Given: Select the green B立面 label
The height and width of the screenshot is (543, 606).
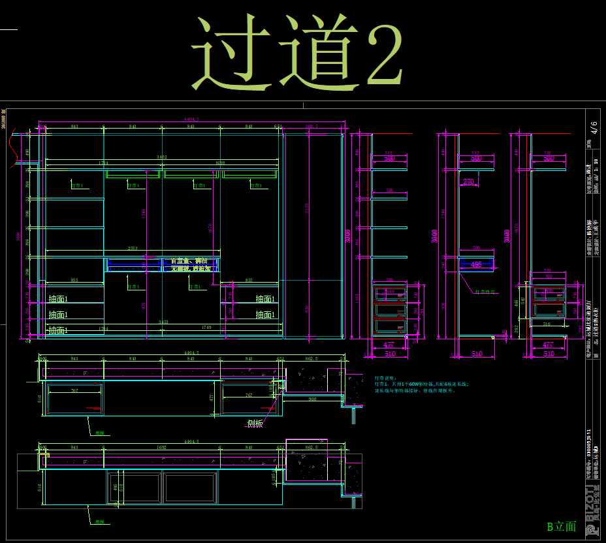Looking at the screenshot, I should tap(562, 527).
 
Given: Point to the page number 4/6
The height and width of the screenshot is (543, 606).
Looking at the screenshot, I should tap(593, 127).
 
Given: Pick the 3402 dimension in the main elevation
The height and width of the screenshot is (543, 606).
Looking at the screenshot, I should tap(161, 157).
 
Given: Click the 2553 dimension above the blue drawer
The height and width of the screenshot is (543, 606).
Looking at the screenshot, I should tap(132, 249).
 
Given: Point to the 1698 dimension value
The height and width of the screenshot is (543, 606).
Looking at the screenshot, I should tap(219, 163).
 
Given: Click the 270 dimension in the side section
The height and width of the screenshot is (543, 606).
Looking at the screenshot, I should tap(468, 182).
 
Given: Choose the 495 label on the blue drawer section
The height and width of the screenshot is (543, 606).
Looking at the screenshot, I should tap(476, 264).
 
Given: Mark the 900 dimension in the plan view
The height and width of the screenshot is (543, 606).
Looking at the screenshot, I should tap(313, 399).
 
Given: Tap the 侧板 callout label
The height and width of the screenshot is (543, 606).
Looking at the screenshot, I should tap(255, 424).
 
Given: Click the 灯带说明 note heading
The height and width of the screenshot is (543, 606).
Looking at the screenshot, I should tap(385, 378).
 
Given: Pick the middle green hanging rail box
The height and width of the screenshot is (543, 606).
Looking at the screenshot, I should tap(190, 174).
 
